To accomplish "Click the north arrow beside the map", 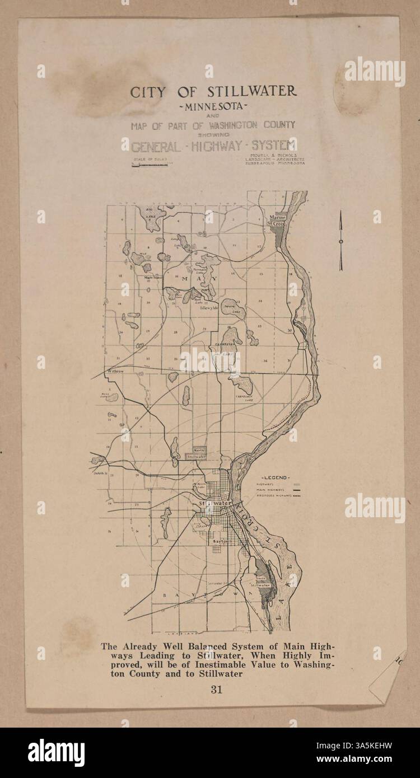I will point(340,241).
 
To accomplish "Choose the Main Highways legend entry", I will point(274,490).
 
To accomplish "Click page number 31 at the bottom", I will point(217,690).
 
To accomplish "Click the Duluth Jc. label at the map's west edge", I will point(100,474).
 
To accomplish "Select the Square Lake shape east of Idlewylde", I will point(232,308).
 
